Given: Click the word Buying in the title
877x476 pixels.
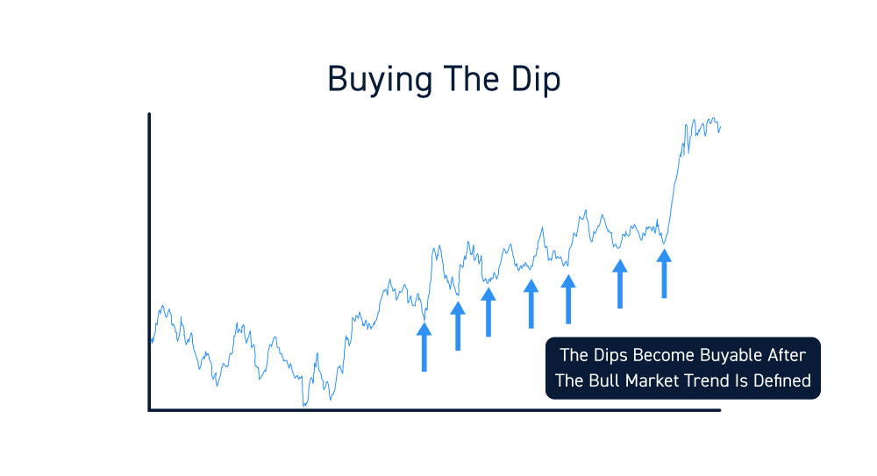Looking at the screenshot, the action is click(380, 80).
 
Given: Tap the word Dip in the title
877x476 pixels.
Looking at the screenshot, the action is click(536, 80).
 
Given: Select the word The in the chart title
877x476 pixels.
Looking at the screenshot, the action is click(471, 79).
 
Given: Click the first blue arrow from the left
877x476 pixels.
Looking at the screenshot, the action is click(424, 347).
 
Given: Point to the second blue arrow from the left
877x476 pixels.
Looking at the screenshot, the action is click(458, 326).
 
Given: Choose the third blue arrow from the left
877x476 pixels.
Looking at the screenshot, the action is click(488, 312).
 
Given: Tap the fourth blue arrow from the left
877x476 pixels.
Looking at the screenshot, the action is click(531, 303).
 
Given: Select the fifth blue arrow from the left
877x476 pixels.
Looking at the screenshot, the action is click(568, 299).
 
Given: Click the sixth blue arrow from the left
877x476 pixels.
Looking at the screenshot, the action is click(620, 284).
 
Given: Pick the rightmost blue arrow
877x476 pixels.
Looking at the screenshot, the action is click(664, 274).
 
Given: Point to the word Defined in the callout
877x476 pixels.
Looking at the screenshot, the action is click(782, 381).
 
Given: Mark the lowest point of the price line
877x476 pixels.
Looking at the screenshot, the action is click(304, 406).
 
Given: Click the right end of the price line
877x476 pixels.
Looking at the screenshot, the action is click(720, 127).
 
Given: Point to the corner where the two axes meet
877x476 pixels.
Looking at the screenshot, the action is click(149, 410).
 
